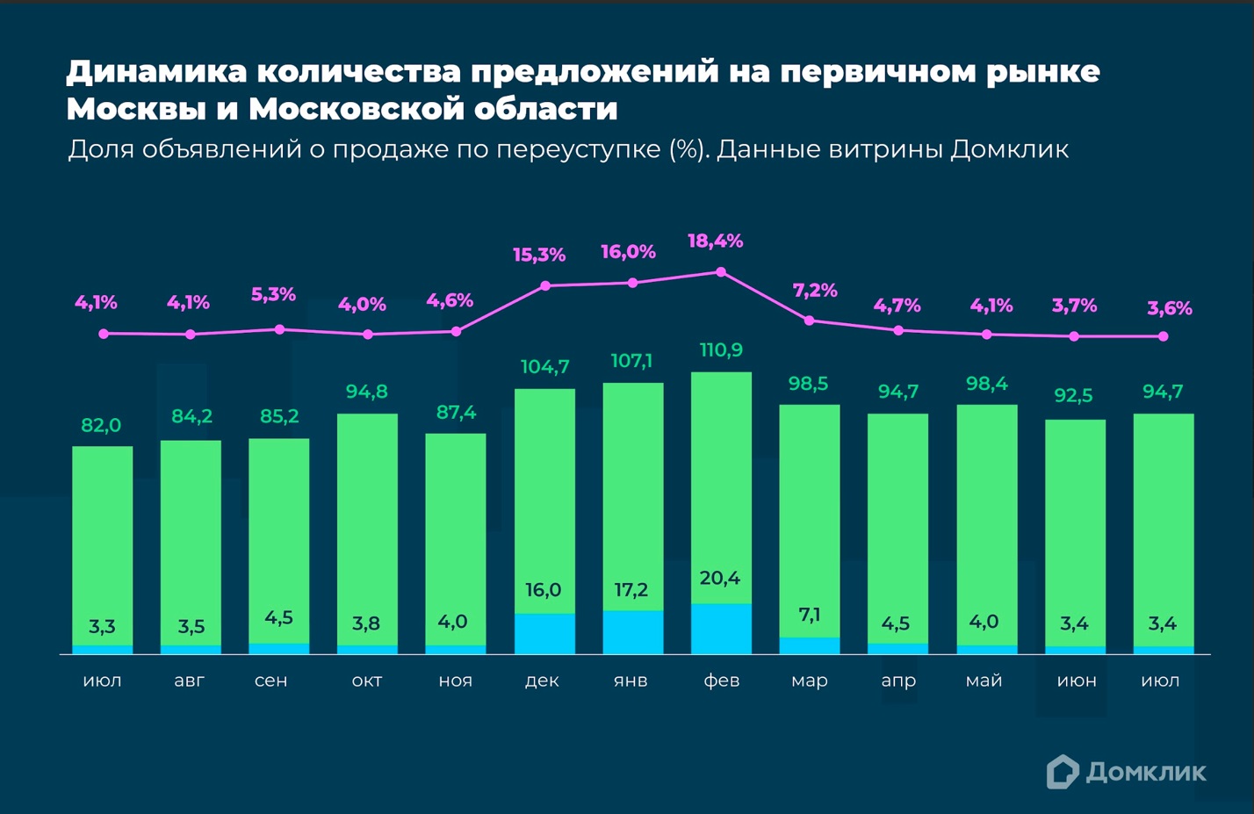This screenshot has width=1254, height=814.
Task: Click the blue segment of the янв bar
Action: (x=632, y=632)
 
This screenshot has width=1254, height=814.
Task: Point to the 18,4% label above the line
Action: (x=715, y=241)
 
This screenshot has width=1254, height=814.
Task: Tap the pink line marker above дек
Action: (x=545, y=286)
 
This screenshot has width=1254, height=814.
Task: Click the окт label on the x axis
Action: (x=367, y=681)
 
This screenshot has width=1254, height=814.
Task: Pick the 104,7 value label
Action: (x=544, y=367)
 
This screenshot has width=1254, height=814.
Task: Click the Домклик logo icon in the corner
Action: (x=1062, y=772)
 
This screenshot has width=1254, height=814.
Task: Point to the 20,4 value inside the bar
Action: (x=719, y=578)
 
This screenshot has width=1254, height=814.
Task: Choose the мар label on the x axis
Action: (x=809, y=681)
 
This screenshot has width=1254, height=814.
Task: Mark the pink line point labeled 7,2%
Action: (x=810, y=321)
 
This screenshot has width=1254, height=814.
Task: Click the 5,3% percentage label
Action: (x=273, y=294)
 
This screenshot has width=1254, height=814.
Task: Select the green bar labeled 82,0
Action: (x=102, y=544)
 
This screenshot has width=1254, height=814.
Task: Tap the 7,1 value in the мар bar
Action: (x=809, y=614)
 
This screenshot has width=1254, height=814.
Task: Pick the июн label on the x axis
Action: (x=1076, y=681)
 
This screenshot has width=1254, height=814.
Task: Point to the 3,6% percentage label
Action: (x=1169, y=308)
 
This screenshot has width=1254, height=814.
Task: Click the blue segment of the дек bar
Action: (x=544, y=634)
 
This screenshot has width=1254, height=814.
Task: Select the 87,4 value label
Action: (x=456, y=412)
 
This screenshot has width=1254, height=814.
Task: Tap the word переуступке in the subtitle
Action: (x=579, y=149)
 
